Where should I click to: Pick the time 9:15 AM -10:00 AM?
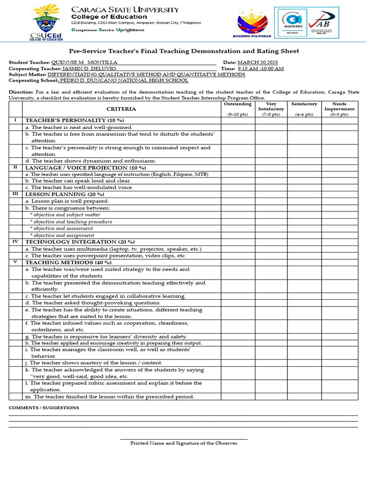[260, 69]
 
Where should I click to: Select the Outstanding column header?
[237, 104]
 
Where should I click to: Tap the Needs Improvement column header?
[339, 106]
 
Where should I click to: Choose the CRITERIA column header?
[121, 109]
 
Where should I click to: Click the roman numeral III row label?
[15, 194]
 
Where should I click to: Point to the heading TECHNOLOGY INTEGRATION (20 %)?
[80, 242]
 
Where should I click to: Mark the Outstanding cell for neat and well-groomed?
[237, 128]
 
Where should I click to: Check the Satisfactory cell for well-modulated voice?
[304, 187]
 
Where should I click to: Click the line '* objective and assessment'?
[61, 229]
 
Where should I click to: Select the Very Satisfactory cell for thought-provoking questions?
[271, 303]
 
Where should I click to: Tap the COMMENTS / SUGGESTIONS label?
[44, 408]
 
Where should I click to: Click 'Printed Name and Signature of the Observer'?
[184, 443]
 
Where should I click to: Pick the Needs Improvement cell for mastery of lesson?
[339, 363]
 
